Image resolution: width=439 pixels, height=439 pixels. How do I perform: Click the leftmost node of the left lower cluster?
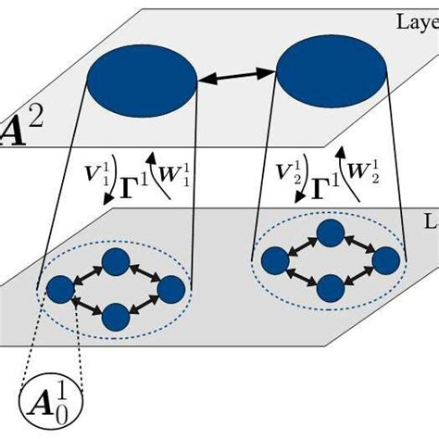(x=60, y=289)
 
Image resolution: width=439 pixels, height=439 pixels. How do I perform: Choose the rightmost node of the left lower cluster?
(x=170, y=289)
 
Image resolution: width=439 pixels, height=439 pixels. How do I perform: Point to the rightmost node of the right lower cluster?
(x=385, y=260)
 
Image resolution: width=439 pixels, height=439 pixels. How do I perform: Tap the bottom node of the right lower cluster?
(x=330, y=289)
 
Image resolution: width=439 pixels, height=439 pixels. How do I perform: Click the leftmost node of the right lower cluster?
(x=273, y=260)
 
